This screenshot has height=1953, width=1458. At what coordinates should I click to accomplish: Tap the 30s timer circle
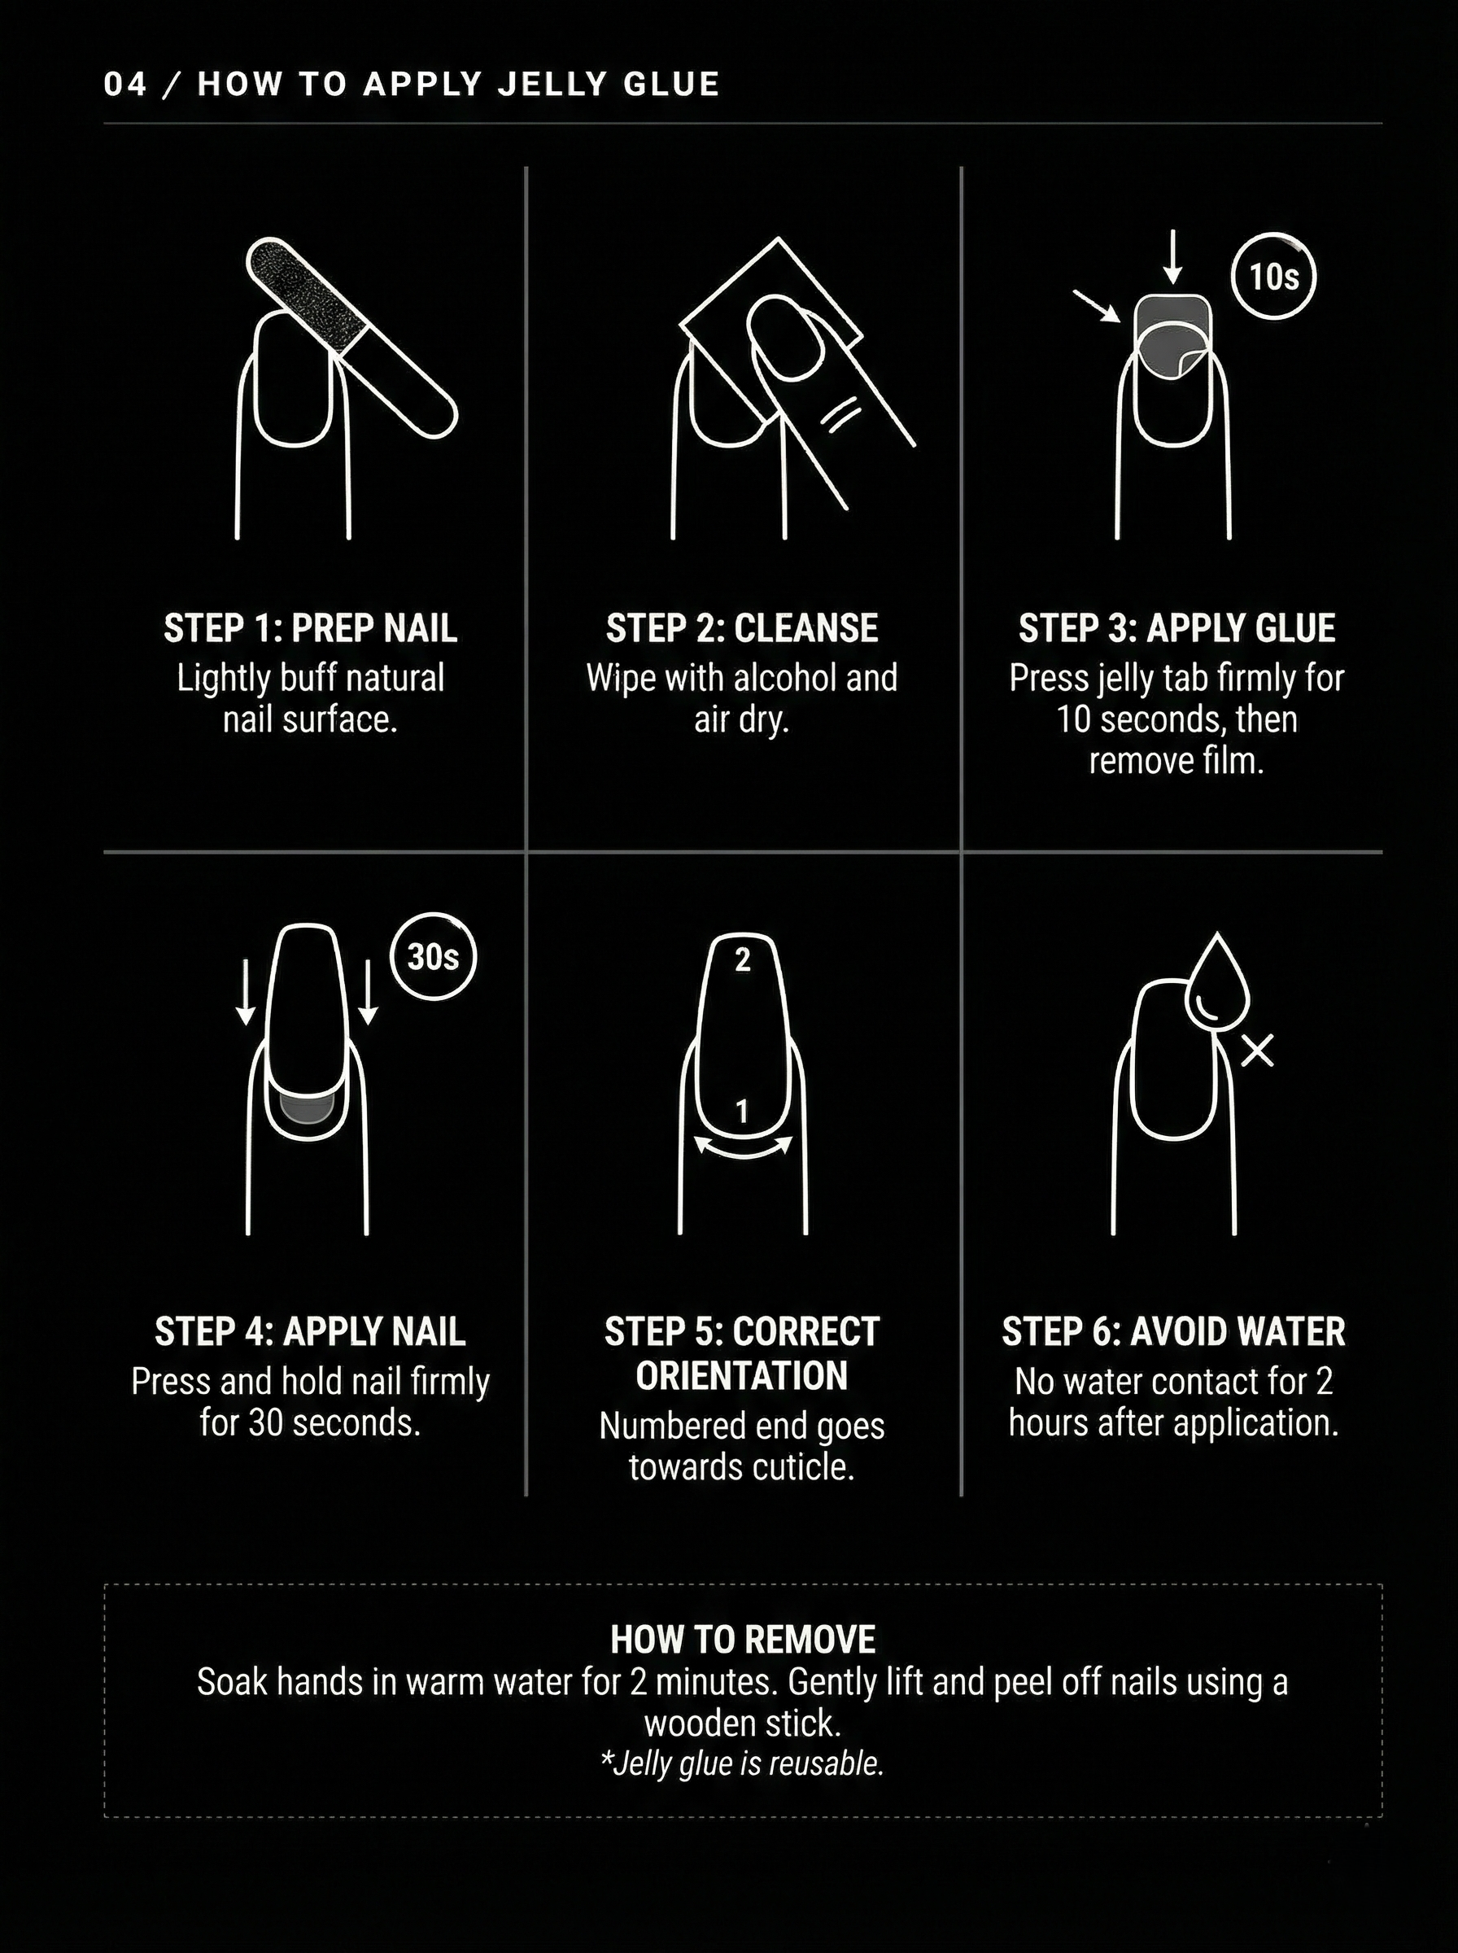[x=433, y=957]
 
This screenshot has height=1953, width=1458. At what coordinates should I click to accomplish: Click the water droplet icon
[x=1217, y=981]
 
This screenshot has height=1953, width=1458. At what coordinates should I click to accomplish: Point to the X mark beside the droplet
[x=1257, y=1051]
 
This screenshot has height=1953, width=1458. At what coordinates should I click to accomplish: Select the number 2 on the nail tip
[x=742, y=959]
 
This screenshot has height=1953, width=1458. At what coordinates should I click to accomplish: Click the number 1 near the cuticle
[x=742, y=1111]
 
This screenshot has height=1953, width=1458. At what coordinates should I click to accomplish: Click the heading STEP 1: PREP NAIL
[x=310, y=628]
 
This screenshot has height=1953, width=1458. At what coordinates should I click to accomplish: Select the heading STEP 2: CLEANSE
[x=741, y=628]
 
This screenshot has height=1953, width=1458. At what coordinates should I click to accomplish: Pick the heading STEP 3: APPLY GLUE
[x=1176, y=628]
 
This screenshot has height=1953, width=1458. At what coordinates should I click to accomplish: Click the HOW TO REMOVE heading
[x=742, y=1640]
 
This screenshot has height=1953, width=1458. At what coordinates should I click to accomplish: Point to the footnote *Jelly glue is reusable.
[x=742, y=1763]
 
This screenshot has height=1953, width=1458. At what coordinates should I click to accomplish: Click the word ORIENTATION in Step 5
[x=741, y=1376]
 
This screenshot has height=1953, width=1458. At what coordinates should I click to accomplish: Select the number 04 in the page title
[x=124, y=84]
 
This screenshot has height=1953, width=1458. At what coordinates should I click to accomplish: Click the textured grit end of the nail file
[x=304, y=290]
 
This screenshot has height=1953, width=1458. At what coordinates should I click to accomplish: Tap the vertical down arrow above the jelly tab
[x=1172, y=257]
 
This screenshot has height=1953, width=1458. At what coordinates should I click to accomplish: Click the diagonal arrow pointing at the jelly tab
[x=1096, y=305]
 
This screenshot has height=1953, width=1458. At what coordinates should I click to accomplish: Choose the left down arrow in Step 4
[x=247, y=993]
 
